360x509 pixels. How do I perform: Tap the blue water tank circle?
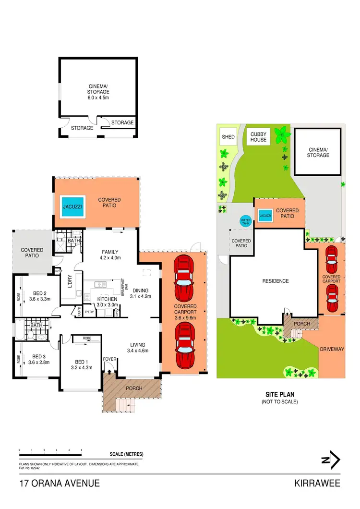pos(245,221)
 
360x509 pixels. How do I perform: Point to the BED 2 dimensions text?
pos(39,299)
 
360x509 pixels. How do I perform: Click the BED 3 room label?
pos(39,356)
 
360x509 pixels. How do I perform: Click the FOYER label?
pos(109,359)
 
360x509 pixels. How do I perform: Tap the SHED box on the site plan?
pos(228,137)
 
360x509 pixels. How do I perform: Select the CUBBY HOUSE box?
pos(258,137)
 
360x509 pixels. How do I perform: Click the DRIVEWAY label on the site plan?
pos(332,349)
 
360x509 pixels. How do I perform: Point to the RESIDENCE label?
pos(275,281)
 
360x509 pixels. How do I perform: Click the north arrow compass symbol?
pos(332,461)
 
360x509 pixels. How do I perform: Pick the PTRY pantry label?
pos(89,313)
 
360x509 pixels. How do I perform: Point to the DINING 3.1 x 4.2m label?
pos(140,293)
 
